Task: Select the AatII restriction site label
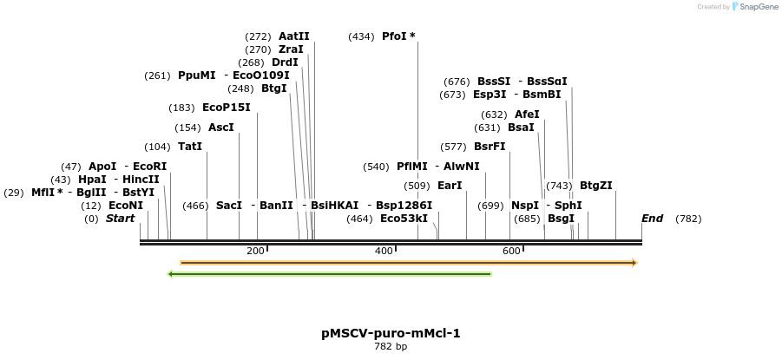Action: tap(293, 36)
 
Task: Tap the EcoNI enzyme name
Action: tap(125, 206)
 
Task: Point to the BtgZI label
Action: tap(595, 185)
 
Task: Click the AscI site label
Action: tap(220, 128)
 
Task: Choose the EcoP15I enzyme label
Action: tap(226, 108)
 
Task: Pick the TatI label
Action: tap(189, 147)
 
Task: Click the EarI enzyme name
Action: tap(450, 185)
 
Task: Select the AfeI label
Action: tap(527, 115)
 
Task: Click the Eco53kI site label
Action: tap(404, 219)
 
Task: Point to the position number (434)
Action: tap(361, 36)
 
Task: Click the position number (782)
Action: tap(688, 219)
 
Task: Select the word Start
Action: tap(120, 219)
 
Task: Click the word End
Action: tap(652, 219)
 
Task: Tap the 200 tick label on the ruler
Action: tap(255, 251)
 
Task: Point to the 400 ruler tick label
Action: tap(384, 251)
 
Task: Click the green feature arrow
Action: tap(330, 274)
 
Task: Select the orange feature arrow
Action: tap(408, 262)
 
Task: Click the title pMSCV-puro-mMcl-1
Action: tap(391, 333)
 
